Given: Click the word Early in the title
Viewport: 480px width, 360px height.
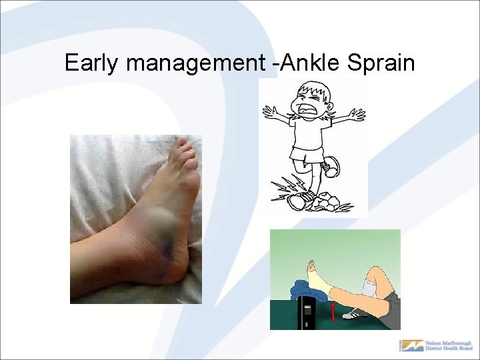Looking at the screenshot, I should (x=93, y=63).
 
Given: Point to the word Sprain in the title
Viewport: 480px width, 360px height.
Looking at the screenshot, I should (x=381, y=63).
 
